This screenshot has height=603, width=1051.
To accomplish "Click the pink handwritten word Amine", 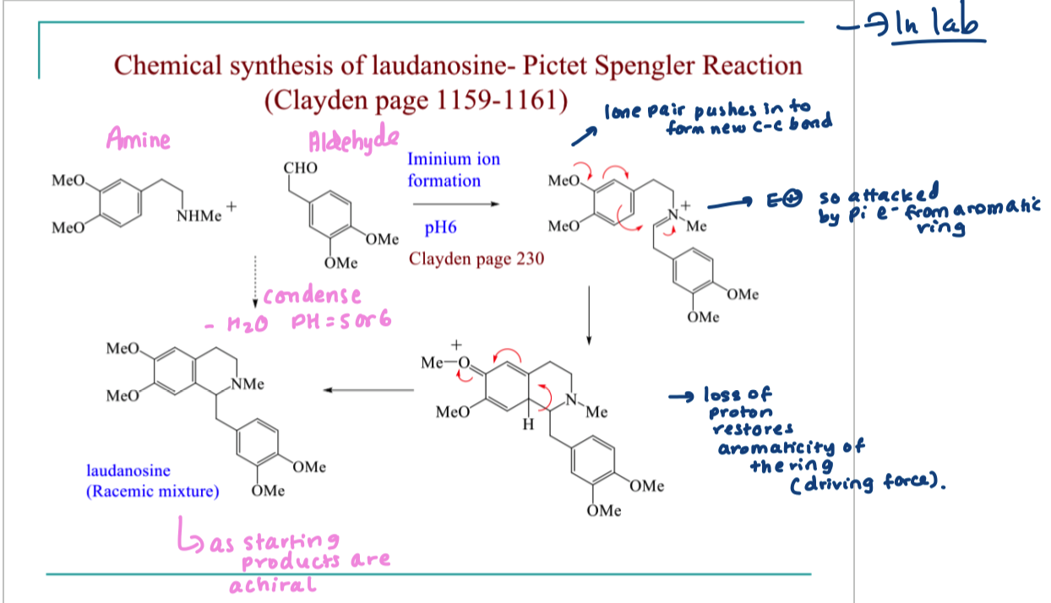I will [x=137, y=139].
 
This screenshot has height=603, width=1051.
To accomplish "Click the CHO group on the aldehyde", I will [x=302, y=168].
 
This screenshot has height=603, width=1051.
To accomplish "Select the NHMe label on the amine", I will [x=199, y=216].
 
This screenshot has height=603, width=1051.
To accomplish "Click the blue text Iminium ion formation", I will [x=444, y=170].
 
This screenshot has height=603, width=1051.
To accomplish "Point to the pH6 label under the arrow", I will [x=440, y=227].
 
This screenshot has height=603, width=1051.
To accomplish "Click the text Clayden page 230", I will [x=476, y=259].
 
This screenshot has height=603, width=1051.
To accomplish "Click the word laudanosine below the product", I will [x=128, y=470].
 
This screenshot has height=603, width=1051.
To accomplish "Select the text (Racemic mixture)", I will [x=152, y=491].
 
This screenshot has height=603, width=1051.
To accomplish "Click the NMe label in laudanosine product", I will [x=248, y=384].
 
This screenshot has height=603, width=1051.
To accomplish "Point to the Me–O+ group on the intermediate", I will [x=444, y=361].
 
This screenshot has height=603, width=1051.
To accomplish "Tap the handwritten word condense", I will [x=312, y=296].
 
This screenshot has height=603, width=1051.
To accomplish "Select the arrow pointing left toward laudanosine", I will [x=368, y=390].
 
